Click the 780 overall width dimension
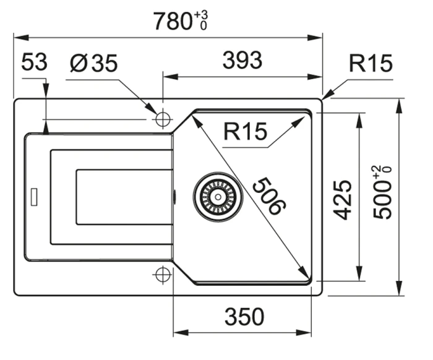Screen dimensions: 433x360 coord(173,21)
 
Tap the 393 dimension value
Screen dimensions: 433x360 coord(242,60)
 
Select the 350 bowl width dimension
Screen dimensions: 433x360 coord(244,317)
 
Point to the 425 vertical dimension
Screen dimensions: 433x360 coord(343,200)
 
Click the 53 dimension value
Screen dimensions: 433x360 coord(34,62)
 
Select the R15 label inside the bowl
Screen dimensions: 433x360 coord(245,131)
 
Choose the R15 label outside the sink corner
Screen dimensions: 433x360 coord(371,63)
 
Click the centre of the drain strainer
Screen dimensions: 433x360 coord(218,197)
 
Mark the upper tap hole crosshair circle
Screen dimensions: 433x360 coord(163,119)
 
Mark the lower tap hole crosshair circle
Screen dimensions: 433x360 coord(163,275)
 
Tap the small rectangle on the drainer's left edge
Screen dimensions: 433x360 coord(34,197)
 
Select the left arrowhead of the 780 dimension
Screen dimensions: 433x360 coord(21,38)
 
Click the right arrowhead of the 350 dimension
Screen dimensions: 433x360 coord(304,332)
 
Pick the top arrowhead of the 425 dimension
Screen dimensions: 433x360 coord(359,121)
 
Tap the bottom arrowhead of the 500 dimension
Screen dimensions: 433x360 coord(398,288)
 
